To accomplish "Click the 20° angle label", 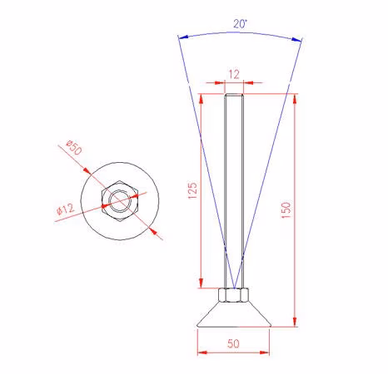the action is [240, 24].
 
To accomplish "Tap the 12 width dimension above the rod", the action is [234, 75].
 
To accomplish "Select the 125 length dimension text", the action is [192, 190].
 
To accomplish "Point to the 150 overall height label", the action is [286, 210].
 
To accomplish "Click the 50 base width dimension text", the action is [233, 343].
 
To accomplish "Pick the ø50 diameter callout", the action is [74, 147].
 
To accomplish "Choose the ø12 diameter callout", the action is [66, 209].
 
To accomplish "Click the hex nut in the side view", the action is [233, 295].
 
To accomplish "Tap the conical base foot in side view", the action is [233, 314].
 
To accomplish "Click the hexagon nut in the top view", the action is [120, 201].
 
